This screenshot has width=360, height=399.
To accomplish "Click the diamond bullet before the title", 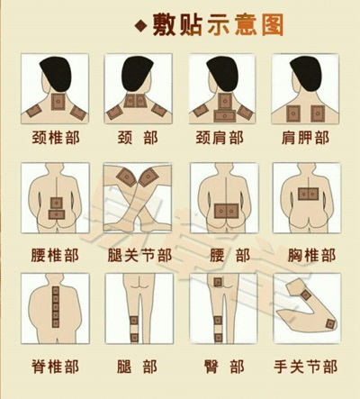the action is point(141,26).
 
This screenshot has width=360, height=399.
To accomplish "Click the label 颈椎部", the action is point(56,138).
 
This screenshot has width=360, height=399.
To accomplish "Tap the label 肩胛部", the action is point(305,138).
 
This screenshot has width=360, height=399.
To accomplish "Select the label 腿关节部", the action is point(139,255).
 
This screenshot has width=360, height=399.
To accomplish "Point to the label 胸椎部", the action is point(312,255).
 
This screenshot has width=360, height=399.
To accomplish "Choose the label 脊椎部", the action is point(56,367).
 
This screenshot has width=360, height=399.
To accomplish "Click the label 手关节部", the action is point(306,367).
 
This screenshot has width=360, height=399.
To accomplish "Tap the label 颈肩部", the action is point(220,138).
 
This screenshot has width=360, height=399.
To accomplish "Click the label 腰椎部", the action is point(55,255).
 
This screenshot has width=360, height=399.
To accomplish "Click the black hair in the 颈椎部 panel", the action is point(56,73).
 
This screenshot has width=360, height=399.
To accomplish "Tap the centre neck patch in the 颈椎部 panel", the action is point(58,102).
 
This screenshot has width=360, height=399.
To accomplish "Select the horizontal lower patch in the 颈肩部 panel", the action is point(225,115).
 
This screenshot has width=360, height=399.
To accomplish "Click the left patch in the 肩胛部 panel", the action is point(293,113).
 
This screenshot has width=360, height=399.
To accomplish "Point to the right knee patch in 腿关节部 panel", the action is point(149,177).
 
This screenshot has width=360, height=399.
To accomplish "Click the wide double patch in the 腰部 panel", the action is point(226,212).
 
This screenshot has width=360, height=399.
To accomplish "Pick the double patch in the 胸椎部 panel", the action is point(308,194).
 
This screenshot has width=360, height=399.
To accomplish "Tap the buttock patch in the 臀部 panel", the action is point(218,282).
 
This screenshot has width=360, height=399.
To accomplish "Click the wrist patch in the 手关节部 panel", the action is point(306,295).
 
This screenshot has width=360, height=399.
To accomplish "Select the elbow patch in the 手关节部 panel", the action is point(330,324).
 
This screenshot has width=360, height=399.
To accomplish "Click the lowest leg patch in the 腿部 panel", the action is point(134,338).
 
